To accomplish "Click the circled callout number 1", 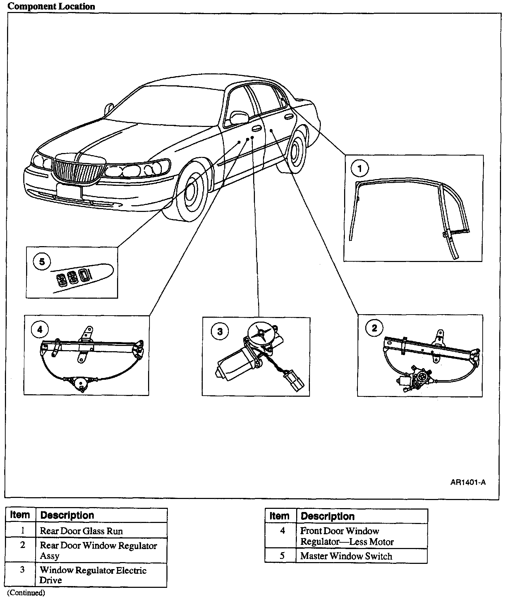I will pos(359,169).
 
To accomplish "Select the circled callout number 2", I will pos(374,328).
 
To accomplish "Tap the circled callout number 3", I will pos(220,331).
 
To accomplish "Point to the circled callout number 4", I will pos(39,329).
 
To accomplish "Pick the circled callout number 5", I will pos(42,262).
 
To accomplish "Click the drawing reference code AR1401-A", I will pos(468,482).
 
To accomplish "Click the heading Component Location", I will pos(51,6).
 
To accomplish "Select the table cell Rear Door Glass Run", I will pos(81,531).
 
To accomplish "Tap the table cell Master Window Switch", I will pos(346,556).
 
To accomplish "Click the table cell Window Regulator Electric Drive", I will pos(93,575).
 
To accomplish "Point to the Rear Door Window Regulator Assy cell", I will pos(98,550).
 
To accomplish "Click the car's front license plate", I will pos(69,191).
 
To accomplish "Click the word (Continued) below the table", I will pos(26,593).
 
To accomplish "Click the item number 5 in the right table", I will pos(282,556).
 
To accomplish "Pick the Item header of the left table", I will pos(20,515).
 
